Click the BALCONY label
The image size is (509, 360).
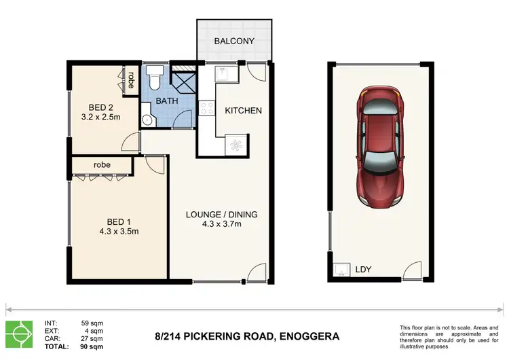tap(233, 41)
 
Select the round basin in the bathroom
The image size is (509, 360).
tap(147, 120)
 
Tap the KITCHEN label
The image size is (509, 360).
tap(243, 110)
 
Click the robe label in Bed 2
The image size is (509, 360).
tap(130, 81)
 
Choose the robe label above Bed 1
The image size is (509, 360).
tap(102, 165)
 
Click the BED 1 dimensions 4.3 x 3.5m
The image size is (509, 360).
tap(119, 230)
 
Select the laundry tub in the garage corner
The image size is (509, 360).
tap(341, 270)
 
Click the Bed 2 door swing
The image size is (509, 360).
tap(127, 142)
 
